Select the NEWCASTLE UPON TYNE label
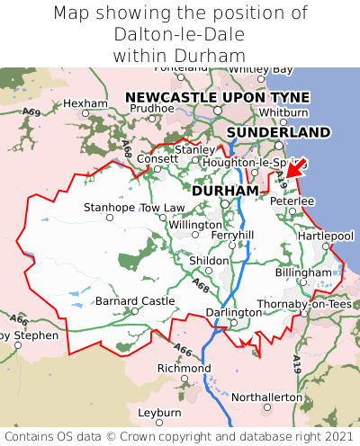point(217,97)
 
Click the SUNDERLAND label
point(278,132)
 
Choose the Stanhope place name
point(109,208)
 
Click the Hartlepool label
point(325,236)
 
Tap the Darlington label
point(232,312)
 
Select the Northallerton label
point(267,397)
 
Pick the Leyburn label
point(159,412)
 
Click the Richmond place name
point(184,369)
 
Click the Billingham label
point(303,272)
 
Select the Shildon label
point(208,260)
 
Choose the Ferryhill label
point(232,235)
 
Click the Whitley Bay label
point(260,69)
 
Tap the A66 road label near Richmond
point(183,350)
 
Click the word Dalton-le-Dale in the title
point(180,34)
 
